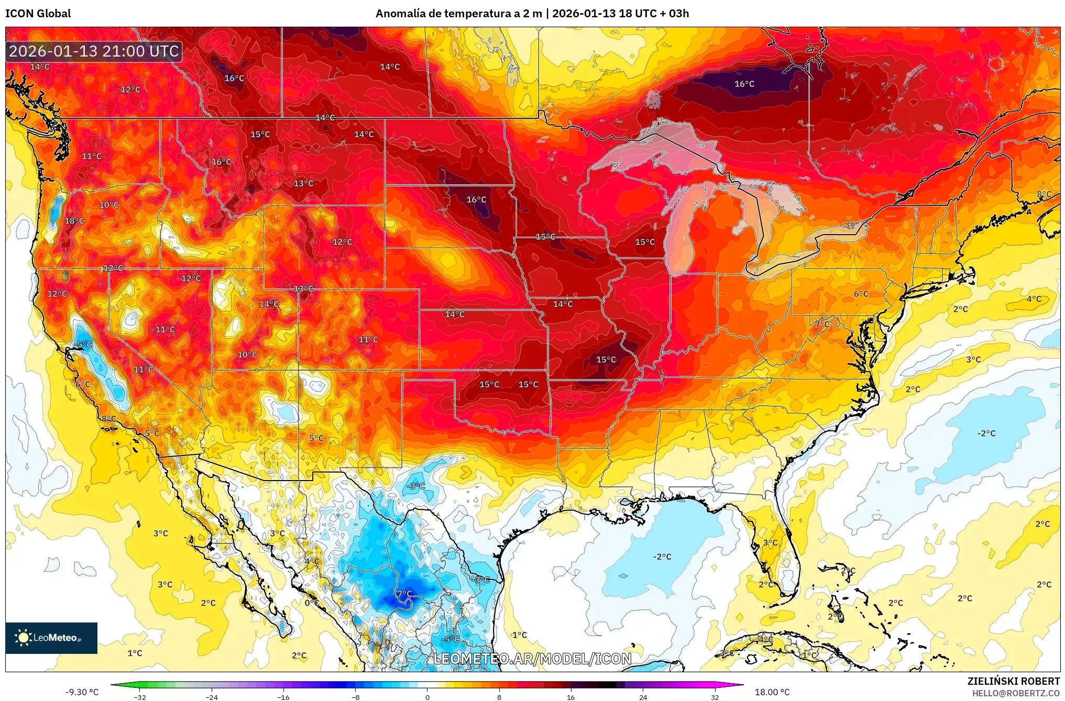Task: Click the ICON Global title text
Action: coord(38,13)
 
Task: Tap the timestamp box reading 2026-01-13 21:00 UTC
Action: coord(94,51)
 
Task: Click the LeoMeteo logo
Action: coord(51,638)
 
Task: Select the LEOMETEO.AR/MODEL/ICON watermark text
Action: coord(532,659)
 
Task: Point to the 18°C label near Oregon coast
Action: coord(74,221)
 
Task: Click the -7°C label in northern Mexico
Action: coord(402,594)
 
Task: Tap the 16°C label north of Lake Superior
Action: coord(744,84)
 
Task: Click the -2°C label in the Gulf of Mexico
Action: coord(662,557)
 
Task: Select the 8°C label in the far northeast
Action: coord(1044,194)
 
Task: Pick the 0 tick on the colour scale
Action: coord(427,697)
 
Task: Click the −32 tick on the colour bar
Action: coord(139,697)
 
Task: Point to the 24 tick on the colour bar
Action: coord(643,697)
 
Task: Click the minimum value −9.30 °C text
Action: coord(82,692)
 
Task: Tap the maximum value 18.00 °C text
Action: coord(772,692)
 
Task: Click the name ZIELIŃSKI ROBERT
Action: coord(1013,681)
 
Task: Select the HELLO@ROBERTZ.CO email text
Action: coord(1016,693)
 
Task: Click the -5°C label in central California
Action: coord(84,344)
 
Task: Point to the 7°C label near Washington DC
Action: coord(822,324)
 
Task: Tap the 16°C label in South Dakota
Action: coord(476,199)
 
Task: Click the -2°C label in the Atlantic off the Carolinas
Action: coord(986,433)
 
